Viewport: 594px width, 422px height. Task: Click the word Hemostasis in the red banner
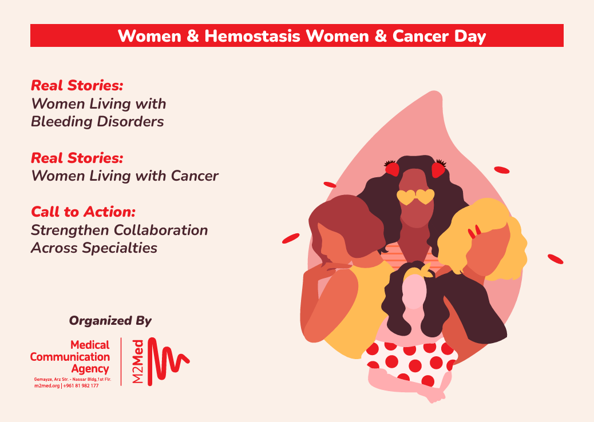(252, 36)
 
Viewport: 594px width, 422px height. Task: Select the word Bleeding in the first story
(62, 121)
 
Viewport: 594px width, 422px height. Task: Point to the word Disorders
(130, 121)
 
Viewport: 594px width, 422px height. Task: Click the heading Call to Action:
(83, 212)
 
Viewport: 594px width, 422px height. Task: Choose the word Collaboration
(161, 230)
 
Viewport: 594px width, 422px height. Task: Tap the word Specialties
(120, 248)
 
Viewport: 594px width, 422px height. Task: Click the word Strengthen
(70, 230)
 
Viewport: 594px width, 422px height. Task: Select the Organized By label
(110, 321)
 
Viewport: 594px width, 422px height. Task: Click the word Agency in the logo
(90, 369)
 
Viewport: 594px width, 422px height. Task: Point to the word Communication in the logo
(70, 357)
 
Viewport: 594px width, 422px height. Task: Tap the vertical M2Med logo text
(138, 361)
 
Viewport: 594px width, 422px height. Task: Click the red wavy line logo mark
(168, 361)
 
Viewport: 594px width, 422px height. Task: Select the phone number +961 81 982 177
(81, 385)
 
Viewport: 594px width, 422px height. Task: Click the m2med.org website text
(47, 385)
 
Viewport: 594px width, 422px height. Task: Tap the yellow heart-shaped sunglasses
(415, 197)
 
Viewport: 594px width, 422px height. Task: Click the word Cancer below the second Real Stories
(195, 176)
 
